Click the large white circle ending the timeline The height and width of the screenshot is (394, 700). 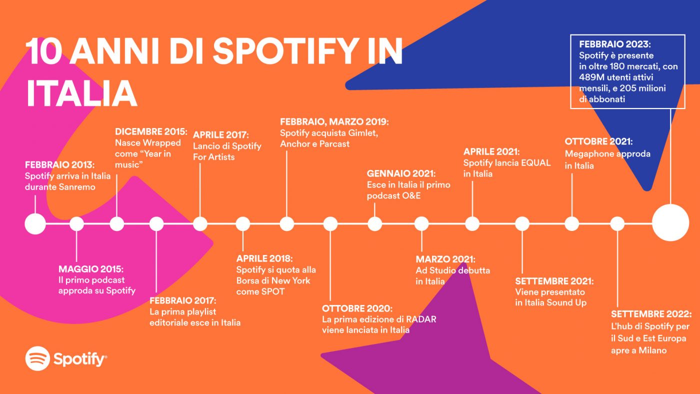670,223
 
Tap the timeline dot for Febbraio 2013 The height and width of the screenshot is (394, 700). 35,223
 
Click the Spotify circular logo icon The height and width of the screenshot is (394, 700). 37,358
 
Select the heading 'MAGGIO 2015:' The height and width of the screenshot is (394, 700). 90,269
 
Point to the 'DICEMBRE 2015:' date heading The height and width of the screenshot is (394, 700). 151,131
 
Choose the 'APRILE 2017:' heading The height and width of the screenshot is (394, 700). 220,135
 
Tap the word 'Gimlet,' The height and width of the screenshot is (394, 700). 363,133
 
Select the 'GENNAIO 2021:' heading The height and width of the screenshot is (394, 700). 401,173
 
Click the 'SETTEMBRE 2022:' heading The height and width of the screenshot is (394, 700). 651,313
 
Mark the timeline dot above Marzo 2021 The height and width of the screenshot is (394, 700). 421,223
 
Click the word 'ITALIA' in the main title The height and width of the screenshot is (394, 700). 81,93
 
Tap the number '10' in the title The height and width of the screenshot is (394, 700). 43,51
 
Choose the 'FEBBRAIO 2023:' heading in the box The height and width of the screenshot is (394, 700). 614,44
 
